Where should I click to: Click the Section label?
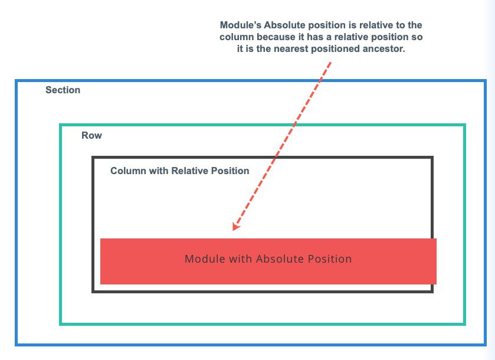pyautogui.click(x=63, y=90)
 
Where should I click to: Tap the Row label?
pyautogui.click(x=91, y=136)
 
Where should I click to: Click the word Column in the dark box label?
pyautogui.click(x=127, y=171)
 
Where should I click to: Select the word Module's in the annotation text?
pyautogui.click(x=241, y=26)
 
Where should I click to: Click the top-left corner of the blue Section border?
pyautogui.click(x=17, y=81)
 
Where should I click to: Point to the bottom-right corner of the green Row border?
pyautogui.click(x=464, y=323)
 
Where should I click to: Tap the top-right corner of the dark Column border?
pyautogui.click(x=432, y=158)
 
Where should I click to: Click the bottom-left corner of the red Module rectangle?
pyautogui.click(x=101, y=284)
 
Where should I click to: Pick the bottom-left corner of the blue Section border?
pyautogui.click(x=17, y=344)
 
